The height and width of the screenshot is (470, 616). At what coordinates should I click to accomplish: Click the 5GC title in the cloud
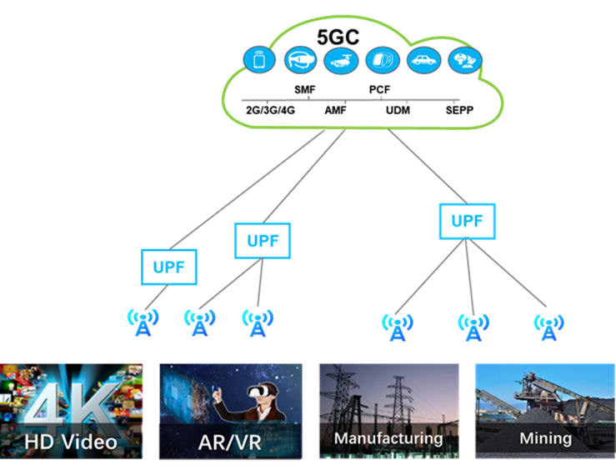point(338,37)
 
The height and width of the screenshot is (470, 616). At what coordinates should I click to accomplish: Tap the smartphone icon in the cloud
point(259,60)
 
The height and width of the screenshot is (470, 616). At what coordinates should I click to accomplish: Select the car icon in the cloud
point(423,60)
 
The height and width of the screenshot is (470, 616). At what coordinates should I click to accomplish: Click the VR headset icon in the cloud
point(301,60)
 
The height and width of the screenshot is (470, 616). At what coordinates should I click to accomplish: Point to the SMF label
point(305,89)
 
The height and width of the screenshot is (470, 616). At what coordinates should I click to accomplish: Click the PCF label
point(379,89)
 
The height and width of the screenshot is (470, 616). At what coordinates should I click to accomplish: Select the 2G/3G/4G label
point(270,110)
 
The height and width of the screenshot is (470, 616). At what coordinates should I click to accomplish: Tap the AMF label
point(335,110)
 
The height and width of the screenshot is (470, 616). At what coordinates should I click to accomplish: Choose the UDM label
point(398,110)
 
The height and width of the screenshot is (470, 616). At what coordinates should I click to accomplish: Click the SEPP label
point(459,110)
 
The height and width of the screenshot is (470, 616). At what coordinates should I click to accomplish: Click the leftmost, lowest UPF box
point(169,267)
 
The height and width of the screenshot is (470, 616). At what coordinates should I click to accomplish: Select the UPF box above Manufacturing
point(467,221)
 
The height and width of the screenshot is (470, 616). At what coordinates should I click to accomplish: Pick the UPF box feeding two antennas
point(263,241)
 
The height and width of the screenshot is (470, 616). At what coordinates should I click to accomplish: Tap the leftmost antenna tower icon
point(143,322)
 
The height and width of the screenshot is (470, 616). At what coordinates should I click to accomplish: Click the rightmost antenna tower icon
point(548,327)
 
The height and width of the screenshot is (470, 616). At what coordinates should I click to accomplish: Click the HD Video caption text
point(71,442)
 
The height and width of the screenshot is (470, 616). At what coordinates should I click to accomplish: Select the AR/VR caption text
point(230,442)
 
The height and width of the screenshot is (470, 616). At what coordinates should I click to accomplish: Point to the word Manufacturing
point(388,438)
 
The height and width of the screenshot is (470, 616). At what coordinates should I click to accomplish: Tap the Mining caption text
point(546,438)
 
